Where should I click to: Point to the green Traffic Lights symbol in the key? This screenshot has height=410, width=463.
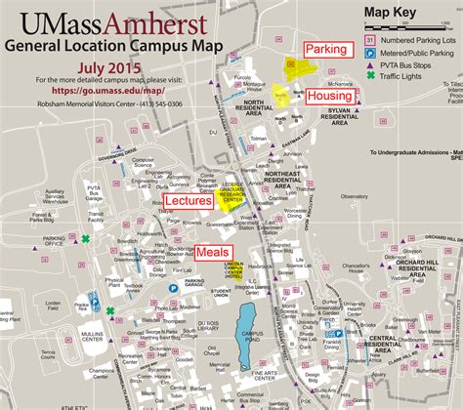coord(369,74)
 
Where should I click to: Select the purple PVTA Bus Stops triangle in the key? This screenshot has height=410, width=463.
coord(369,62)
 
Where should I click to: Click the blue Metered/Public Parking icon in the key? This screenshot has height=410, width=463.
coord(369,51)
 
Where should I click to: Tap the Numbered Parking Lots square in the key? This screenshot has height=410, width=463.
coord(369,38)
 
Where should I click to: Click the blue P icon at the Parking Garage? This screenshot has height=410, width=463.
coord(174,288)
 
